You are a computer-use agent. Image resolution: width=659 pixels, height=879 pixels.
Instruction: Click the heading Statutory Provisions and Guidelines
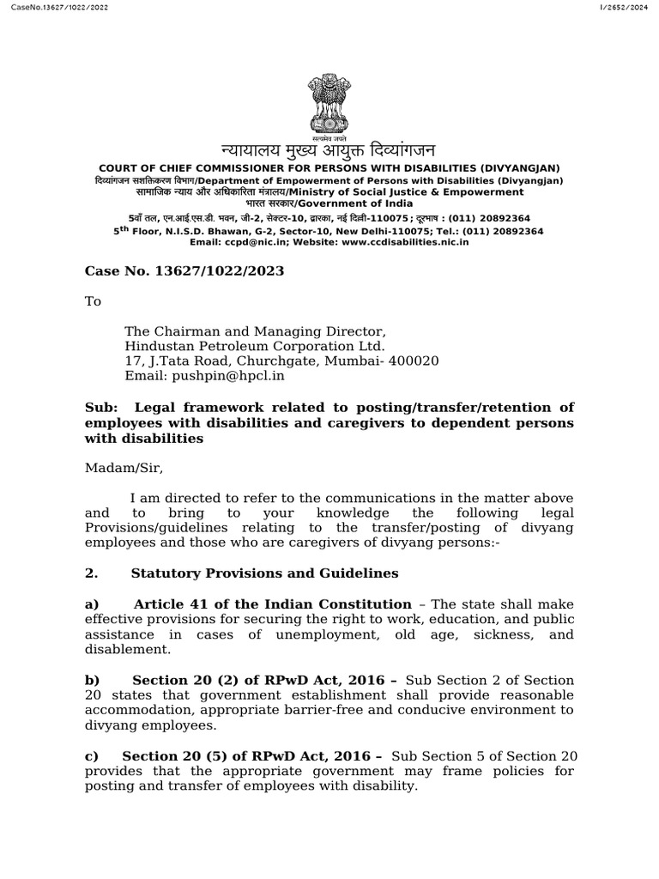coord(264,573)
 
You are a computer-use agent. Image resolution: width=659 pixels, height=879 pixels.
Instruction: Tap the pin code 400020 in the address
coord(414,361)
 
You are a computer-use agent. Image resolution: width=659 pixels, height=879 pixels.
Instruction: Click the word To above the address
coord(93,301)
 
